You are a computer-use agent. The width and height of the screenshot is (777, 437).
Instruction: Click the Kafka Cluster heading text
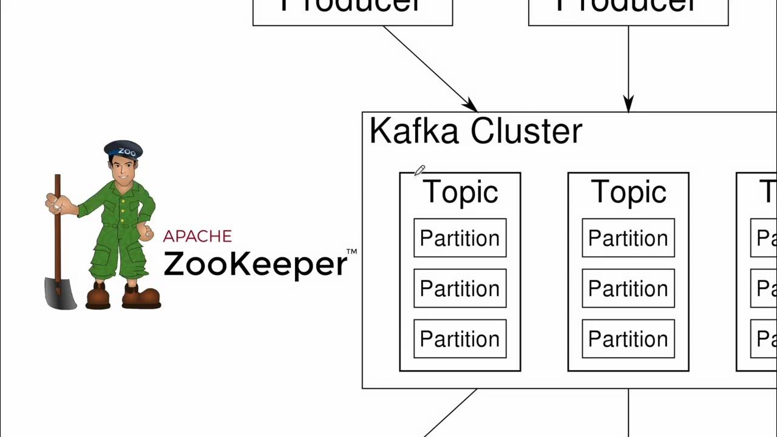pos(475,131)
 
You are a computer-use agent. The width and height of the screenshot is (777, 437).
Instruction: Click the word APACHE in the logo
pos(197,236)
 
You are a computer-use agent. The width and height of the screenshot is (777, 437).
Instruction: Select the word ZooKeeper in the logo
pos(255,264)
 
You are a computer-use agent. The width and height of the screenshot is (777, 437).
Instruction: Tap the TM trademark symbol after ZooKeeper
pos(351,251)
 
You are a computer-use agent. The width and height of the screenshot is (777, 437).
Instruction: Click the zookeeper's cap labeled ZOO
pos(123,149)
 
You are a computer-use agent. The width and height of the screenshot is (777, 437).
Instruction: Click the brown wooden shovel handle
pos(58,231)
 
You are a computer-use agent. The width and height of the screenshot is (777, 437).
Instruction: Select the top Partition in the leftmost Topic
pos(460,238)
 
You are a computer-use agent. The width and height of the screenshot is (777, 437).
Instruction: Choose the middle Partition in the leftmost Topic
pos(460,288)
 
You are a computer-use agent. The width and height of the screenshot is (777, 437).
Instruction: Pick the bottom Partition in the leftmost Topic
pos(460,339)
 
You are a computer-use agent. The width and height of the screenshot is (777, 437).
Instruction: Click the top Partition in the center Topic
pos(628,238)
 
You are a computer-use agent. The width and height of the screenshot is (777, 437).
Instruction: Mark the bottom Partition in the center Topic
pos(628,339)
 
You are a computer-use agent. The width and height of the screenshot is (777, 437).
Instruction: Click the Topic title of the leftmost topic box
pos(460,192)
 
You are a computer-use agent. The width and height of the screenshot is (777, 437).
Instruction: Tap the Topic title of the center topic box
pos(628,192)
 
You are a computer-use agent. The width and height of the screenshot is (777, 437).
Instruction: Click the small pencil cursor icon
pos(419,171)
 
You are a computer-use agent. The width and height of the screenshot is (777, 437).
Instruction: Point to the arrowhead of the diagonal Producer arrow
pos(470,106)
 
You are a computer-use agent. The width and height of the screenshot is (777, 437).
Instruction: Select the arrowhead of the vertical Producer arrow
pos(628,104)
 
